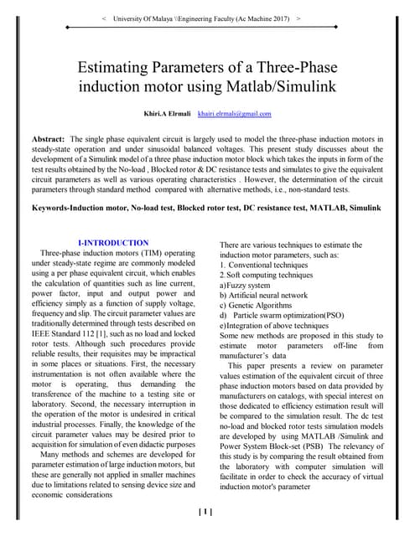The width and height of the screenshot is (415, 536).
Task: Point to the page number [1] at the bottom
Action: [204, 512]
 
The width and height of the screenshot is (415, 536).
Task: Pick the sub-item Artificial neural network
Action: [269, 296]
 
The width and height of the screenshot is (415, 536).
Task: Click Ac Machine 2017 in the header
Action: [262, 17]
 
